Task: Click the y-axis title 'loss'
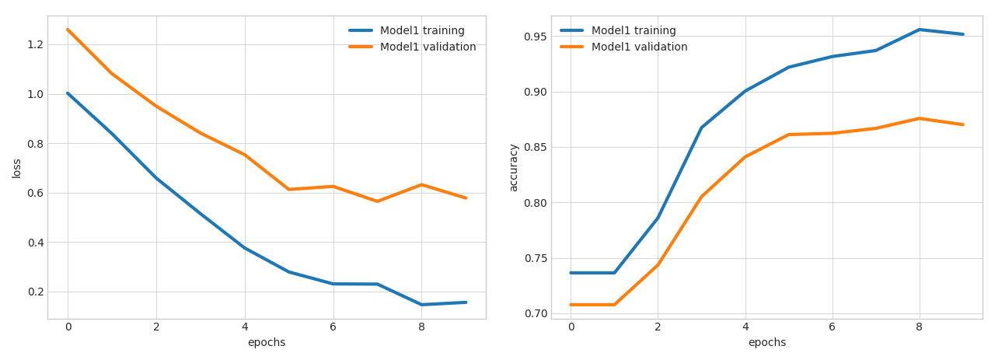coord(17,168)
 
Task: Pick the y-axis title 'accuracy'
coord(514,167)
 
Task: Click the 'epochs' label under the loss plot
coord(267,343)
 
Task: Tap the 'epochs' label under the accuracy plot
coord(767,343)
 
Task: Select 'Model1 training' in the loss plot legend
coord(422,31)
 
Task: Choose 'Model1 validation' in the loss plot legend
coord(428,47)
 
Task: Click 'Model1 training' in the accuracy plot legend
coord(634,31)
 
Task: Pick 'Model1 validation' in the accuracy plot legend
coord(639,47)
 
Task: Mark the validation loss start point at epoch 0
coord(68,30)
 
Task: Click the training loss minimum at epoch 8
coord(421,305)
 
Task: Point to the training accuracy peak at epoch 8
coord(919,30)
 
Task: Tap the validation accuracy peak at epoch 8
coord(919,118)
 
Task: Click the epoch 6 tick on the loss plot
coord(333,327)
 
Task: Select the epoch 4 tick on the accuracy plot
coord(745,327)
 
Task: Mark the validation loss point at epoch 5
coord(289,190)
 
